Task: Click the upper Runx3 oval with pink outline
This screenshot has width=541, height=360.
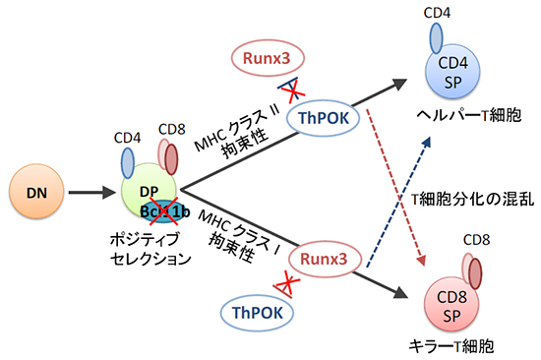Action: pos(270,60)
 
